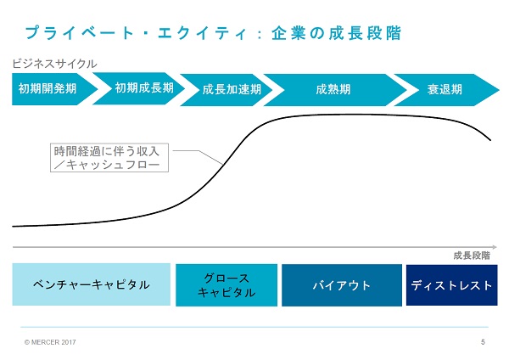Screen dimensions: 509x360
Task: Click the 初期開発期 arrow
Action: (x=52, y=88)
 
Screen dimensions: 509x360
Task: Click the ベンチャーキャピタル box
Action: (x=92, y=284)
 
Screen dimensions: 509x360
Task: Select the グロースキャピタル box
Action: (x=227, y=285)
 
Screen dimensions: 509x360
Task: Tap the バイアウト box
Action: (x=342, y=285)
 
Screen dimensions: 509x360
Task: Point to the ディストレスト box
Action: (x=452, y=285)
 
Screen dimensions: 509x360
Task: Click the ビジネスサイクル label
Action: (x=54, y=64)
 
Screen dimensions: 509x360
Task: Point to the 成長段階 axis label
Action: (x=472, y=256)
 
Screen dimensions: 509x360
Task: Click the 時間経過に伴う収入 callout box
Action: (x=109, y=158)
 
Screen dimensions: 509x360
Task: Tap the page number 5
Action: (x=483, y=342)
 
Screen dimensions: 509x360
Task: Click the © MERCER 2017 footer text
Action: (x=50, y=342)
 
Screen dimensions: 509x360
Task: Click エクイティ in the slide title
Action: (x=202, y=33)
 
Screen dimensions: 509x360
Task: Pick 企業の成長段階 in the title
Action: (x=336, y=33)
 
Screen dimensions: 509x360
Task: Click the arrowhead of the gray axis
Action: (x=495, y=247)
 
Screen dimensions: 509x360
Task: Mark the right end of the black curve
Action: (x=490, y=140)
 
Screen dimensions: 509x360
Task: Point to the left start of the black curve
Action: (x=13, y=227)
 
